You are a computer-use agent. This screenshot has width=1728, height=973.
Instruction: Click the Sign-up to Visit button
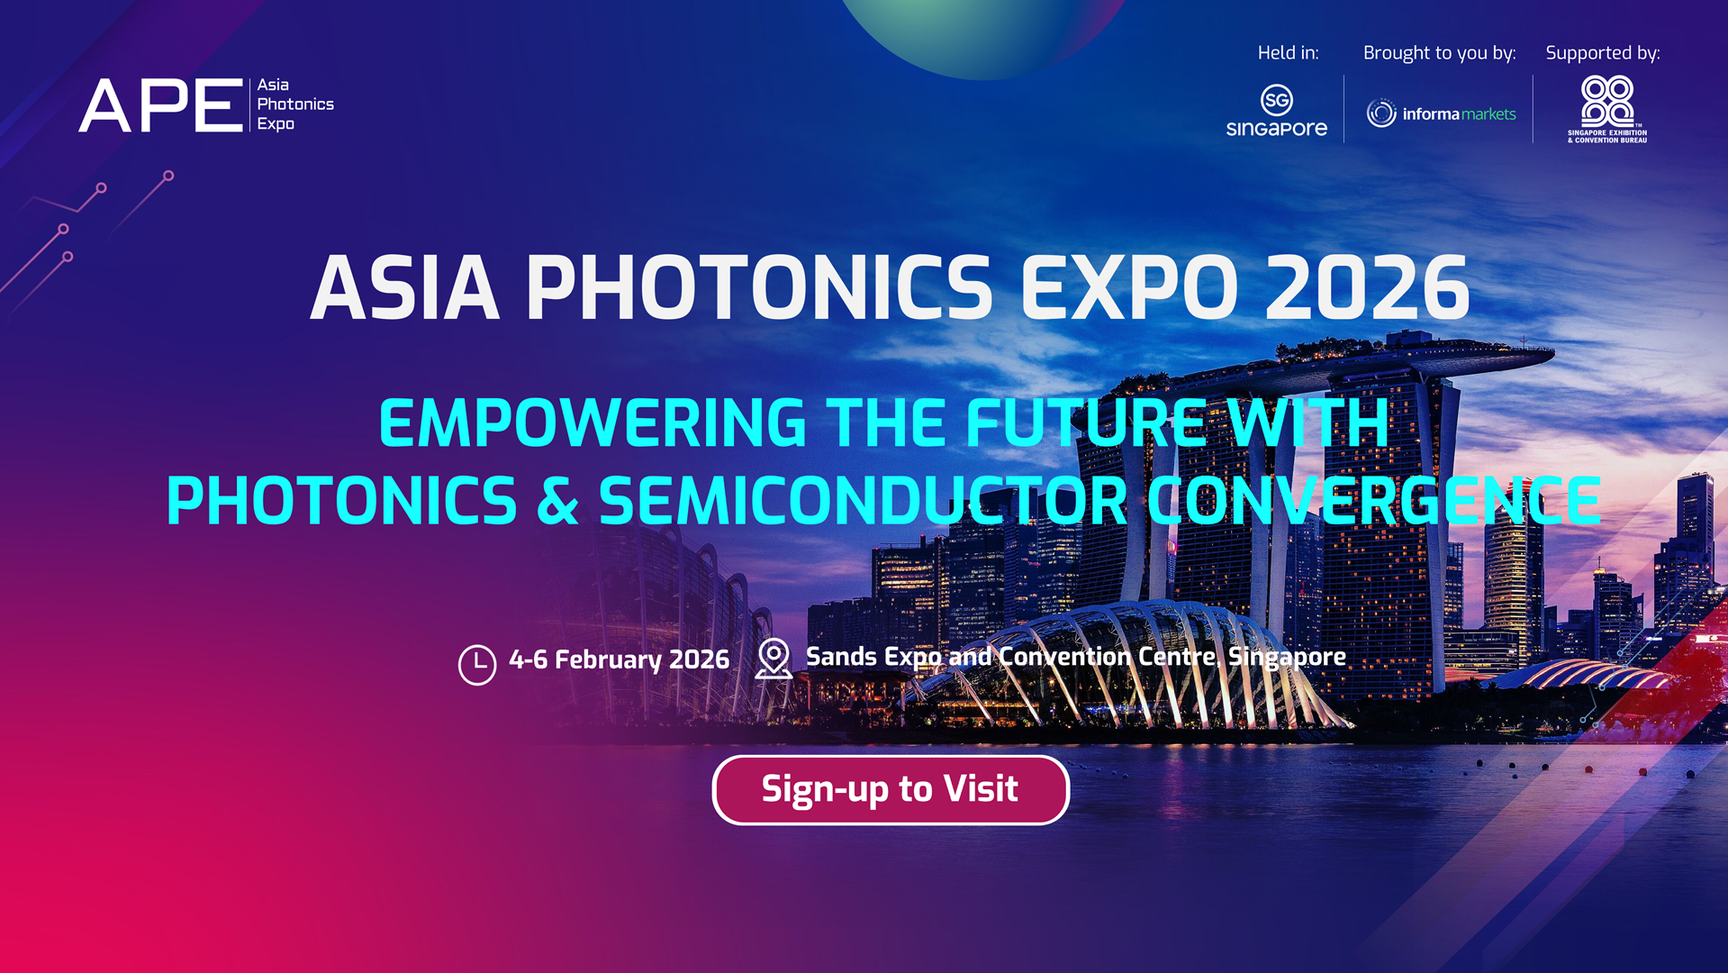point(890,789)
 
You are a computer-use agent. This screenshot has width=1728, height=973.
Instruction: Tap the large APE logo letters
point(160,105)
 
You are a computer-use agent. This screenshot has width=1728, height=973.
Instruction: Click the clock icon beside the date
point(476,664)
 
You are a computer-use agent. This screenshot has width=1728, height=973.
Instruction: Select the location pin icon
point(773,658)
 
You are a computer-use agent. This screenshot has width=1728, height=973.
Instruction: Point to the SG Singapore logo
point(1276,111)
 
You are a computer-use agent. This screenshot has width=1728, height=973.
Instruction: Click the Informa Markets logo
point(1441,114)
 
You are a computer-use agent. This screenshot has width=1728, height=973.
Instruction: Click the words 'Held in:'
point(1288,53)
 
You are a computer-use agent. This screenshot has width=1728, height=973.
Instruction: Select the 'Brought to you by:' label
point(1439,53)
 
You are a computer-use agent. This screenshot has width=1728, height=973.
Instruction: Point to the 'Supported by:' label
point(1603,53)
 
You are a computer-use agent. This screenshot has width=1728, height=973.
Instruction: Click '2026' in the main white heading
point(1367,288)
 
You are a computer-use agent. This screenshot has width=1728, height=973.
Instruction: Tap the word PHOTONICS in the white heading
point(759,288)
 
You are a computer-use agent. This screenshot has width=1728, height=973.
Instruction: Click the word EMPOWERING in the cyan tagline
point(592,423)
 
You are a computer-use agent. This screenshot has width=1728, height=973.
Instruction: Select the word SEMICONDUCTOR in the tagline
point(863,501)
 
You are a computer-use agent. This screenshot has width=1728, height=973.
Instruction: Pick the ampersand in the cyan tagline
point(557,501)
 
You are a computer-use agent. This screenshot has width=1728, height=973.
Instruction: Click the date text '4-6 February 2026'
point(619,659)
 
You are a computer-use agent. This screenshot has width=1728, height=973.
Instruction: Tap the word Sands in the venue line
point(841,657)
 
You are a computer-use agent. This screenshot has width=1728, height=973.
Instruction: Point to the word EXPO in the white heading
point(1130,288)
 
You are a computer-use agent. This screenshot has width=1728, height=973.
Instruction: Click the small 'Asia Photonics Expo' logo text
point(294,105)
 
